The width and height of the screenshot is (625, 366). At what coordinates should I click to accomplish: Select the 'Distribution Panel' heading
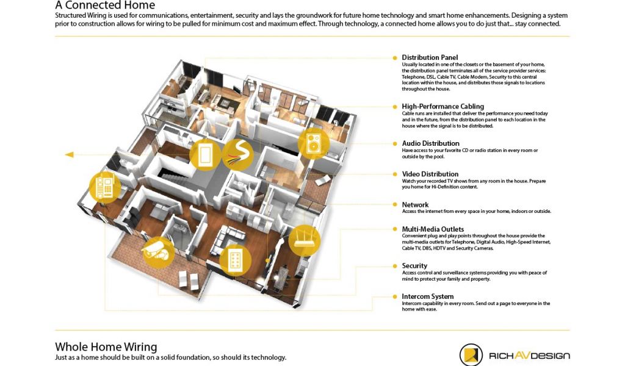[x=430, y=57]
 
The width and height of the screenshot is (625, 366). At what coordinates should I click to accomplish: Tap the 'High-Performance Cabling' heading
[x=443, y=106]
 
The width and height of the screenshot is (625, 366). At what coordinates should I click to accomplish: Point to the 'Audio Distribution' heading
[x=430, y=143]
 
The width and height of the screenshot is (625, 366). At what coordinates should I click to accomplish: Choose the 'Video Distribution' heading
[x=430, y=174]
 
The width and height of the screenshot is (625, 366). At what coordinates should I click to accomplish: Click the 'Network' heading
[x=415, y=204]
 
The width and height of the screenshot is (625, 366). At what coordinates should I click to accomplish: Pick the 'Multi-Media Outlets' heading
[x=433, y=229]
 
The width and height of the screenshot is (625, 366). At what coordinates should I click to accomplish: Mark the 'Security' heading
[x=414, y=265]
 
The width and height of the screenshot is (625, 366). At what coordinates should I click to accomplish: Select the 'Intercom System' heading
[x=427, y=296]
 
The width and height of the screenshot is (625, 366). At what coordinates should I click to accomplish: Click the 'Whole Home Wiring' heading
[x=106, y=346]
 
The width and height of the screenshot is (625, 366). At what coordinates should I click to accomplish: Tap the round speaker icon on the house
[x=313, y=143]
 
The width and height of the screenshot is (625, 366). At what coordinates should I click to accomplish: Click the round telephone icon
[x=105, y=187]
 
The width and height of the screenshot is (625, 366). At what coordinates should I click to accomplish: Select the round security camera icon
[x=159, y=251]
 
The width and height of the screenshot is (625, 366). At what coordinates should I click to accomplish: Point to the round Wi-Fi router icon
[x=304, y=240]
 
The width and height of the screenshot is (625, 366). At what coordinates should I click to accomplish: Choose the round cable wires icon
[x=237, y=155]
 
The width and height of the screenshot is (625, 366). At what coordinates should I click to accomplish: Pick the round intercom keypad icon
[x=236, y=261]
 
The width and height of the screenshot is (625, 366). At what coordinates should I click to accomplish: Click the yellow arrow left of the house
[x=69, y=154]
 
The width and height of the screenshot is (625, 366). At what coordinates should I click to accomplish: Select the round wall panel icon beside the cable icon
[x=205, y=155]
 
